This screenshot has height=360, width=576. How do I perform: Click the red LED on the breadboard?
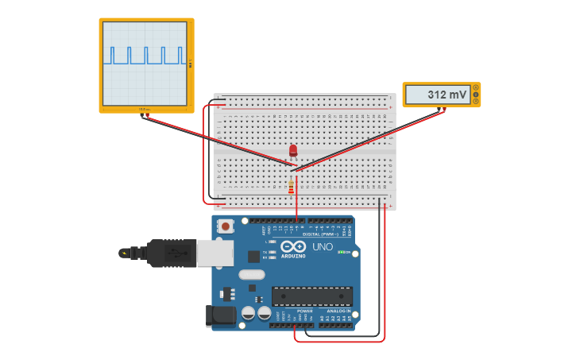point(293,149)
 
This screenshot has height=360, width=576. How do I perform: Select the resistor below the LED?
point(291,187)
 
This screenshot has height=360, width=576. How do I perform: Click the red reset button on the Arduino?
point(226,226)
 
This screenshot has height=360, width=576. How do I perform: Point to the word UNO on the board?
point(323,247)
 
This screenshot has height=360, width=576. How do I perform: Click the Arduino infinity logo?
point(293,247)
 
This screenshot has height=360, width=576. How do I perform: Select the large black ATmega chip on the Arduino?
point(311,296)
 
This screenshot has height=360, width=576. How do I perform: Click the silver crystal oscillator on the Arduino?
point(251,275)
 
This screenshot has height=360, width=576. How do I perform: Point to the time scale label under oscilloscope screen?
point(144,109)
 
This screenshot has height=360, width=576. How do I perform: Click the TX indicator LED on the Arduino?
point(273,252)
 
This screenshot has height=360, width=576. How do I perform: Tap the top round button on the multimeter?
point(475,87)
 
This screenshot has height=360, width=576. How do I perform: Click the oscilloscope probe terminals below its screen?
point(144,114)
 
